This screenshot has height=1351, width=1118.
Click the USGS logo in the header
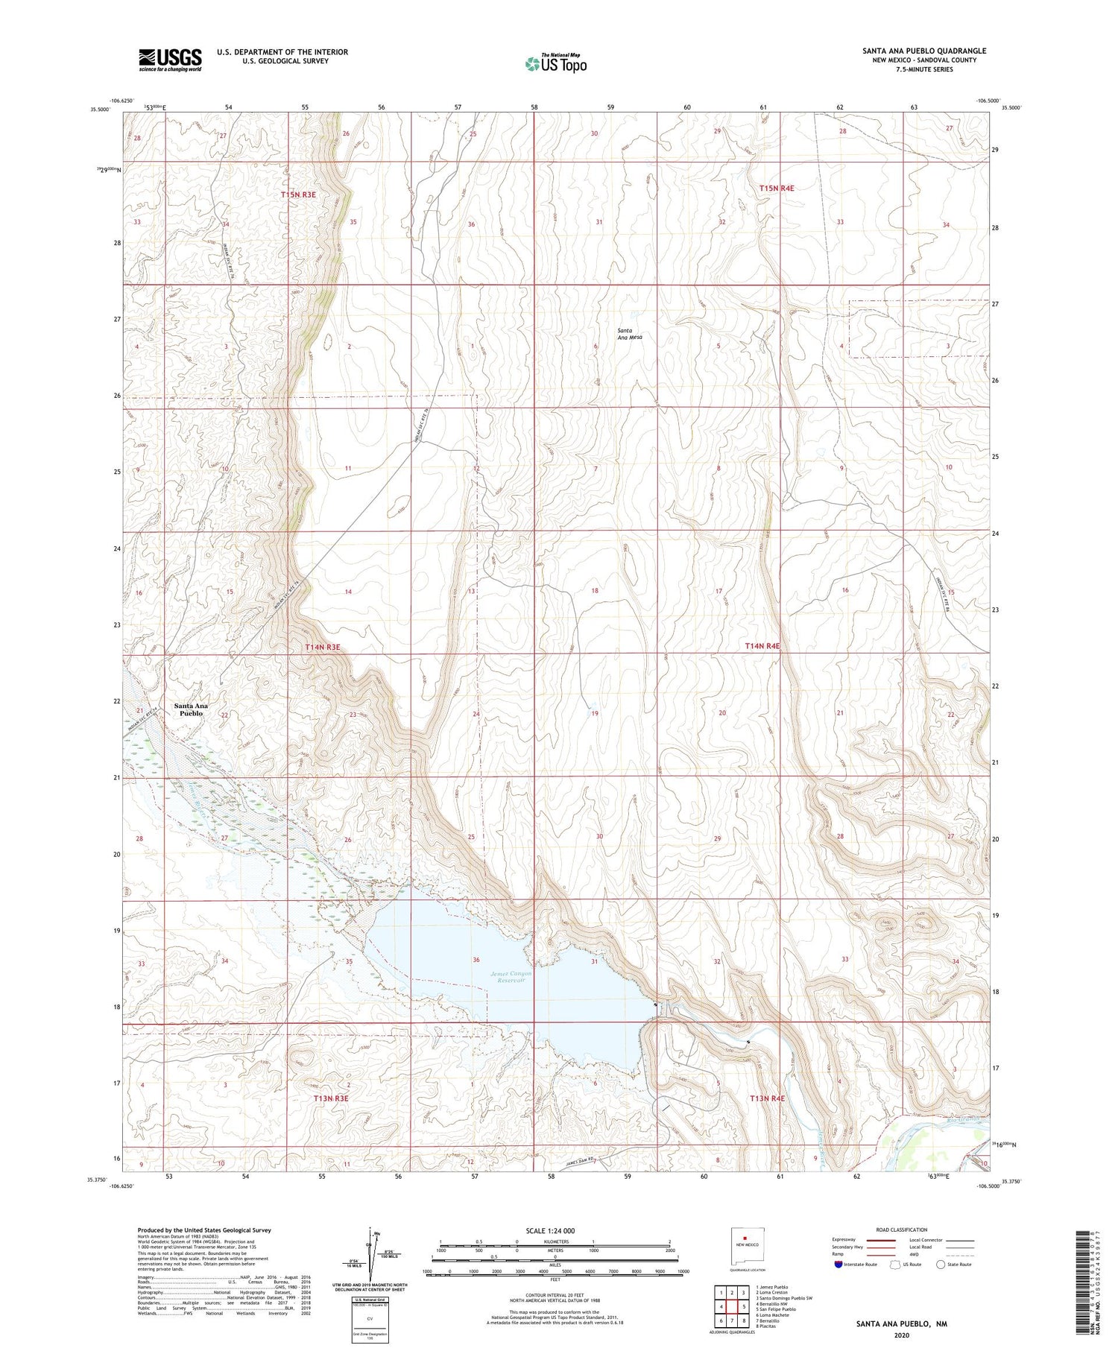click(170, 60)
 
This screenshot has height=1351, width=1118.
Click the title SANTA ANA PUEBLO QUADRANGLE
click(923, 51)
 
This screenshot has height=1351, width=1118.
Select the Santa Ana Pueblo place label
click(191, 709)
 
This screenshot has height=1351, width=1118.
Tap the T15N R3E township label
click(299, 194)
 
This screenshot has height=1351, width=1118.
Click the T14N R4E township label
click(762, 646)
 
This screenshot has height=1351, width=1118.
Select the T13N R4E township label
click(768, 1098)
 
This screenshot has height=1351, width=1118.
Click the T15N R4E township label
click(777, 189)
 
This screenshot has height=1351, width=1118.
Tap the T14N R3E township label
click(322, 648)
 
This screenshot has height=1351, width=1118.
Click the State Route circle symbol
click(941, 1265)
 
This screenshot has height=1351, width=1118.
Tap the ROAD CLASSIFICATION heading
click(902, 1230)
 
